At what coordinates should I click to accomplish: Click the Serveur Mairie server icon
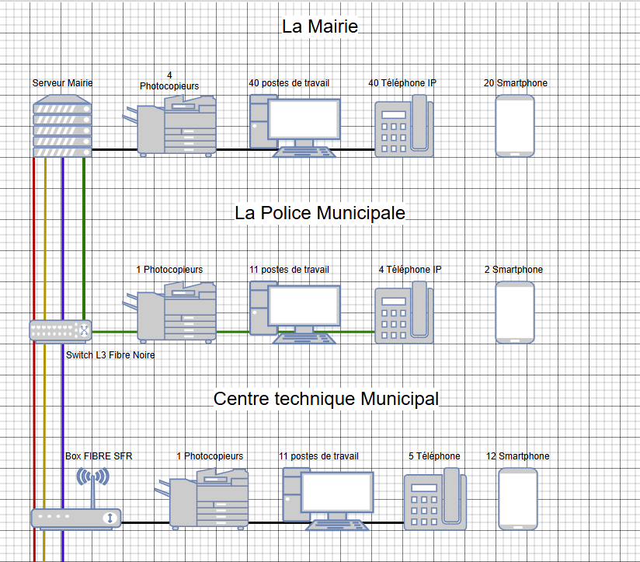tap(62, 126)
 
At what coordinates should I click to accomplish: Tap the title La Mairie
tap(320, 26)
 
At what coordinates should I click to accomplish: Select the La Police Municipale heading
tap(320, 213)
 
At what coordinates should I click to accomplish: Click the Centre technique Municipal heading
tap(326, 399)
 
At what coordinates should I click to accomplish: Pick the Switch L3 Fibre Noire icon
tap(61, 330)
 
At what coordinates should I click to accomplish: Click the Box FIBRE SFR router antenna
tap(93, 487)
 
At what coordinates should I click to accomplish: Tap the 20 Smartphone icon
tap(515, 126)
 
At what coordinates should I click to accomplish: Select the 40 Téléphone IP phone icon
tap(404, 126)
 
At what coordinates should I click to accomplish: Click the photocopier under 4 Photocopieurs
tap(169, 126)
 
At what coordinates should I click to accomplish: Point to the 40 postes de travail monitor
tap(304, 119)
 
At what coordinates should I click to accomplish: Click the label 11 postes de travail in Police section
tap(289, 270)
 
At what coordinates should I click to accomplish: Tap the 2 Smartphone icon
tap(515, 312)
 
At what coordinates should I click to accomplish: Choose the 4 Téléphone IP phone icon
tap(404, 312)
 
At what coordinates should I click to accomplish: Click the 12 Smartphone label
tap(517, 456)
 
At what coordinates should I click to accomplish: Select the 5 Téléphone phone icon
tap(435, 499)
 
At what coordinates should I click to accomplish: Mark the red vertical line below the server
tap(34, 359)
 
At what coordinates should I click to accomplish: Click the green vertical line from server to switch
tap(84, 239)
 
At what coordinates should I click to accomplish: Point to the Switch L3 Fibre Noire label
tap(110, 355)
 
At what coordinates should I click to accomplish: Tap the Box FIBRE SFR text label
tap(99, 456)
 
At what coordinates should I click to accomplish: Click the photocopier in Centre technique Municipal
tap(202, 499)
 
